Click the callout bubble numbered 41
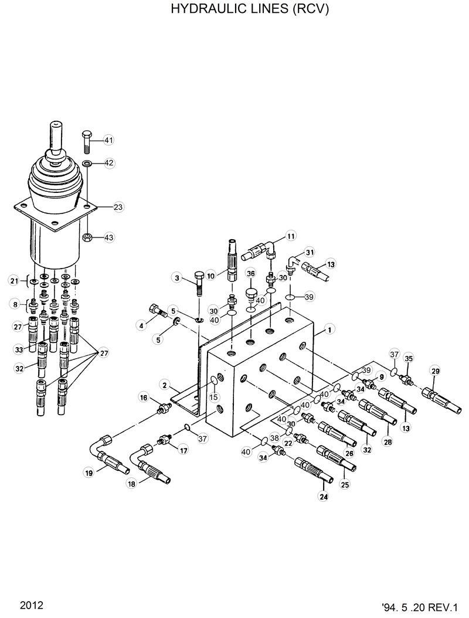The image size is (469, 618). pos(109,140)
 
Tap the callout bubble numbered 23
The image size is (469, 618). pos(118,207)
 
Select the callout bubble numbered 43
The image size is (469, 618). pos(109,237)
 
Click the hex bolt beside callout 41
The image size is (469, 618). pos(86,140)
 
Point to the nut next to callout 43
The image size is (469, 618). pos(86,237)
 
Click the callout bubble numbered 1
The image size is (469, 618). pos(331,330)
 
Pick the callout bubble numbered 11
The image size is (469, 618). pos(291,236)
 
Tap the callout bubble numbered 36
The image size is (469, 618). pos(250,273)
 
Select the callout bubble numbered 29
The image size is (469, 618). pos(434,370)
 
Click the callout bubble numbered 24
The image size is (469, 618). pos(323,496)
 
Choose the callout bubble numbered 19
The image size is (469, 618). pos(89,473)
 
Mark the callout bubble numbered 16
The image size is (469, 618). pos(144,398)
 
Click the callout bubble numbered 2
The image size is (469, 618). pos(165,385)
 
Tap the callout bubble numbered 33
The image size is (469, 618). pos(18,349)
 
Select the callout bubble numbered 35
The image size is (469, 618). pos(409,358)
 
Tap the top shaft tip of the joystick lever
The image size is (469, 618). pos(56,125)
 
